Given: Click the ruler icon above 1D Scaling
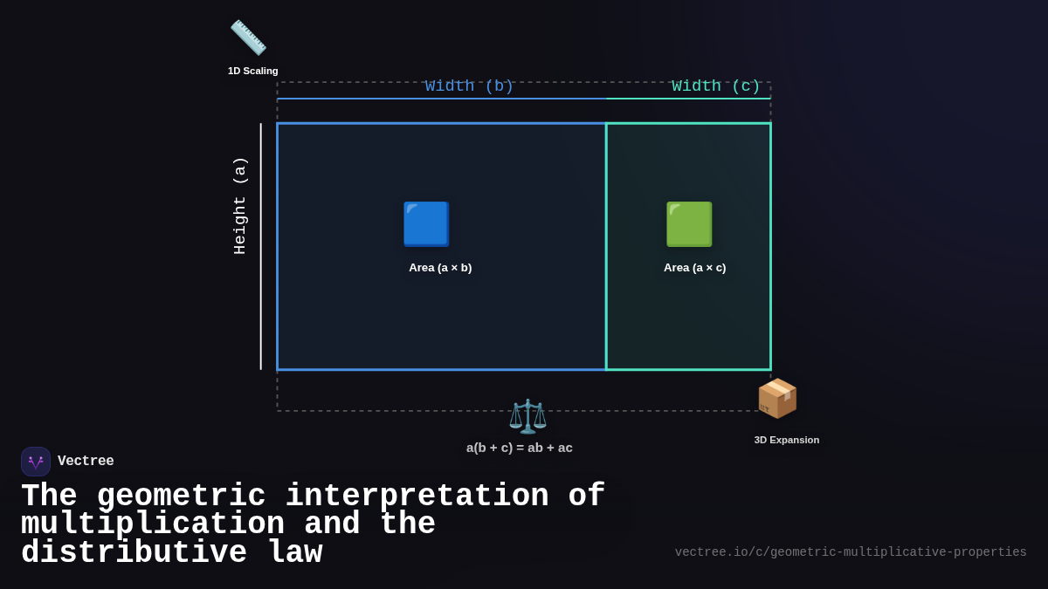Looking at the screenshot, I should pyautogui.click(x=248, y=38).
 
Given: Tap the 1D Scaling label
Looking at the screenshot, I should pyautogui.click(x=253, y=71).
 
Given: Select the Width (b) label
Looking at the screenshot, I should pyautogui.click(x=469, y=86).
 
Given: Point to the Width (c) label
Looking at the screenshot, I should pyautogui.click(x=716, y=86).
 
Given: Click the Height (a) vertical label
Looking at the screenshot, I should pyautogui.click(x=240, y=206).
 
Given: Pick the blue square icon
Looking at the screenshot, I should pyautogui.click(x=426, y=224).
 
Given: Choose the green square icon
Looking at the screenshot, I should pyautogui.click(x=689, y=224).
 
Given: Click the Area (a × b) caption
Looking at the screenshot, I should pyautogui.click(x=440, y=268).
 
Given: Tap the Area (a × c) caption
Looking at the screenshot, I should pyautogui.click(x=694, y=268).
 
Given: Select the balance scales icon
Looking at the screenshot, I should pyautogui.click(x=527, y=416).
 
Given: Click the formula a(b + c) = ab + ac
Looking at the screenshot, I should pyautogui.click(x=520, y=448).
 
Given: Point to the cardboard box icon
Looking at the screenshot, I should pyautogui.click(x=777, y=399).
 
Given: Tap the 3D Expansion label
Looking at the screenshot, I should pyautogui.click(x=787, y=440).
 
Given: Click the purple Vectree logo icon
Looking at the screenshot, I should pyautogui.click(x=36, y=462).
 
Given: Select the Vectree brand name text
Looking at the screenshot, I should pyautogui.click(x=86, y=462).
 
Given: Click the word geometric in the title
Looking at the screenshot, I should pyautogui.click(x=181, y=497).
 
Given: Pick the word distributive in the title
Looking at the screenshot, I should pyautogui.click(x=134, y=553).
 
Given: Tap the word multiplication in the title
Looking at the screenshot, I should pyautogui.click(x=153, y=524).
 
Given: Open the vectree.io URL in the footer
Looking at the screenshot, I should pyautogui.click(x=851, y=552).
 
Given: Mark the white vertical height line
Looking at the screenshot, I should pyautogui.click(x=260, y=246).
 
